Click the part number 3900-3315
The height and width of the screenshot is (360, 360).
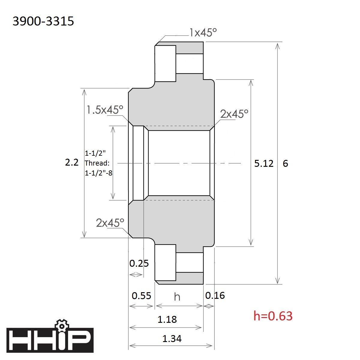(x=43, y=21)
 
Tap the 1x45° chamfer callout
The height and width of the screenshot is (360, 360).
(x=203, y=32)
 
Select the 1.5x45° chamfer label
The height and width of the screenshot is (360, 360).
(x=105, y=110)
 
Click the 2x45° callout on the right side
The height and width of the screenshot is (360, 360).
(x=234, y=114)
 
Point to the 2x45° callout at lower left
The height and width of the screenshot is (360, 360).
(x=110, y=223)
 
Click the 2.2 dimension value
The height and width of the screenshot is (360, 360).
(x=72, y=163)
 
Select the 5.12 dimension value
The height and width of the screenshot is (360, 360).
(x=264, y=163)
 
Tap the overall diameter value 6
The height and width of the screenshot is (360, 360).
(x=285, y=163)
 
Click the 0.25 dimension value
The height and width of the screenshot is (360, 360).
(x=139, y=263)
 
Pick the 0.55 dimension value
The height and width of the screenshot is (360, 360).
(x=141, y=295)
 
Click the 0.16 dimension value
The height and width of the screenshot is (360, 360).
(x=215, y=295)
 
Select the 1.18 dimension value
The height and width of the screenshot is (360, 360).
(x=167, y=319)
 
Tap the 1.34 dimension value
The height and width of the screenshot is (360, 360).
(x=172, y=339)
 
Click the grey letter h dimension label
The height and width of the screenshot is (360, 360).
(x=177, y=297)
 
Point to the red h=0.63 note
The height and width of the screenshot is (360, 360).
(x=273, y=316)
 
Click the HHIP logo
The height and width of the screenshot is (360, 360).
(x=50, y=340)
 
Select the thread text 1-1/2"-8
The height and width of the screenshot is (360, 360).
(x=99, y=173)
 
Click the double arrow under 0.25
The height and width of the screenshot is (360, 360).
(x=136, y=275)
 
